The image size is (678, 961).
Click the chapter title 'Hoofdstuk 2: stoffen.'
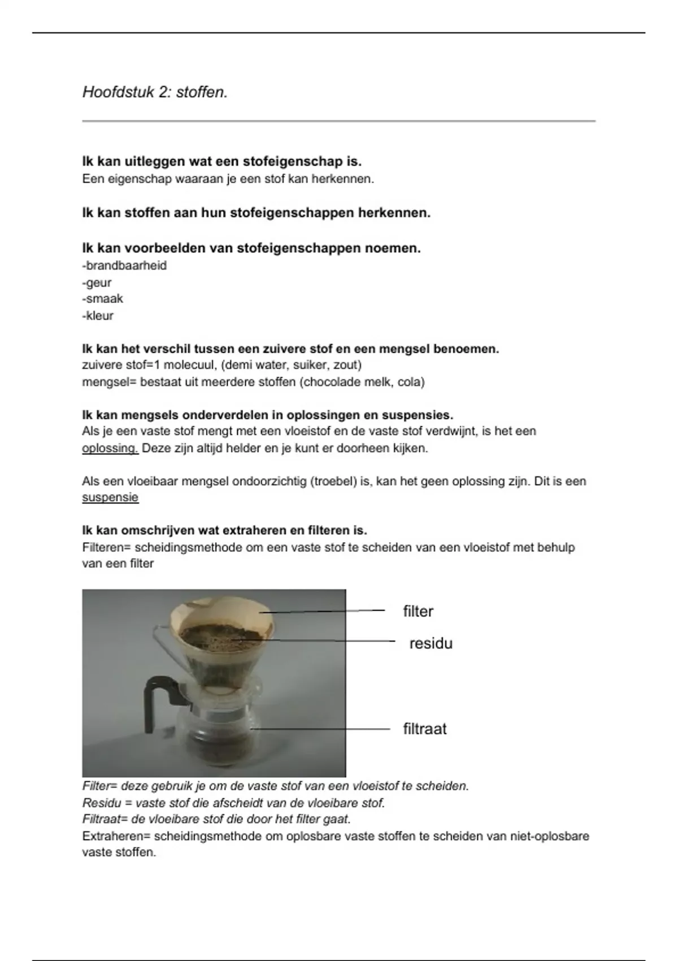pyautogui.click(x=155, y=92)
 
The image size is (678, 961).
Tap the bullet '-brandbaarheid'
pyautogui.click(x=124, y=266)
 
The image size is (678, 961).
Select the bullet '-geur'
pyautogui.click(x=97, y=283)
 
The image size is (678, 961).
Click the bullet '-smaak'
pyautogui.click(x=102, y=298)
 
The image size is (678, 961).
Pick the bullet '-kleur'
pyautogui.click(x=98, y=315)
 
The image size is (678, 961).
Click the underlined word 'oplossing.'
pyautogui.click(x=110, y=448)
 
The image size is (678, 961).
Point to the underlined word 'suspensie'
pyautogui.click(x=110, y=497)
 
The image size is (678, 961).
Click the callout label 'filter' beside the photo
pyautogui.click(x=418, y=611)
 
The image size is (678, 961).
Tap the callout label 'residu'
pyautogui.click(x=431, y=643)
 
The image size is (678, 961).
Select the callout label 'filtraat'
pyautogui.click(x=424, y=729)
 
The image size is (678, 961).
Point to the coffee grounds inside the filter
pyautogui.click(x=220, y=636)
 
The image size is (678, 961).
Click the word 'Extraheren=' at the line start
pyautogui.click(x=115, y=836)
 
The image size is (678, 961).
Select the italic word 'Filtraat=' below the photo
pyautogui.click(x=105, y=819)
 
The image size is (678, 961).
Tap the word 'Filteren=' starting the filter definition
pyautogui.click(x=106, y=547)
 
